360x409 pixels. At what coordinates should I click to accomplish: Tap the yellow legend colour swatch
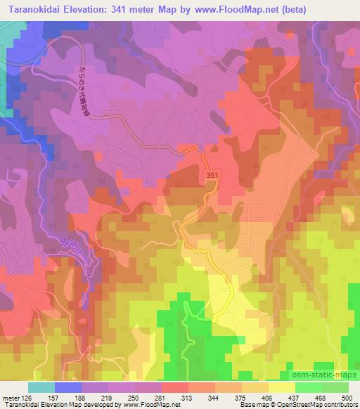(x=281, y=387)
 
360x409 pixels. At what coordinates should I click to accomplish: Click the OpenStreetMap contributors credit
(x=317, y=405)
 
